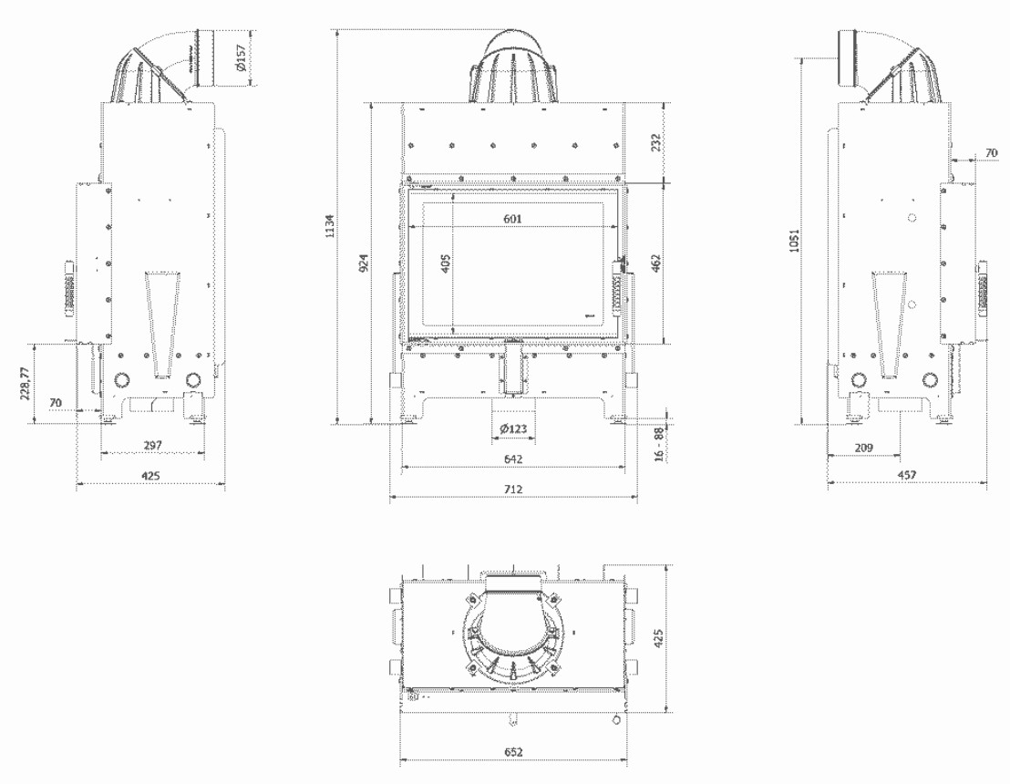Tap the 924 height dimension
[364, 265]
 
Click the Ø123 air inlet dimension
[513, 429]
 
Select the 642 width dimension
[513, 459]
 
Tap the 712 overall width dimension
[513, 490]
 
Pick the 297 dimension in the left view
[152, 444]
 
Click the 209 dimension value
[864, 447]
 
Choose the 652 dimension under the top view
[513, 753]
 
